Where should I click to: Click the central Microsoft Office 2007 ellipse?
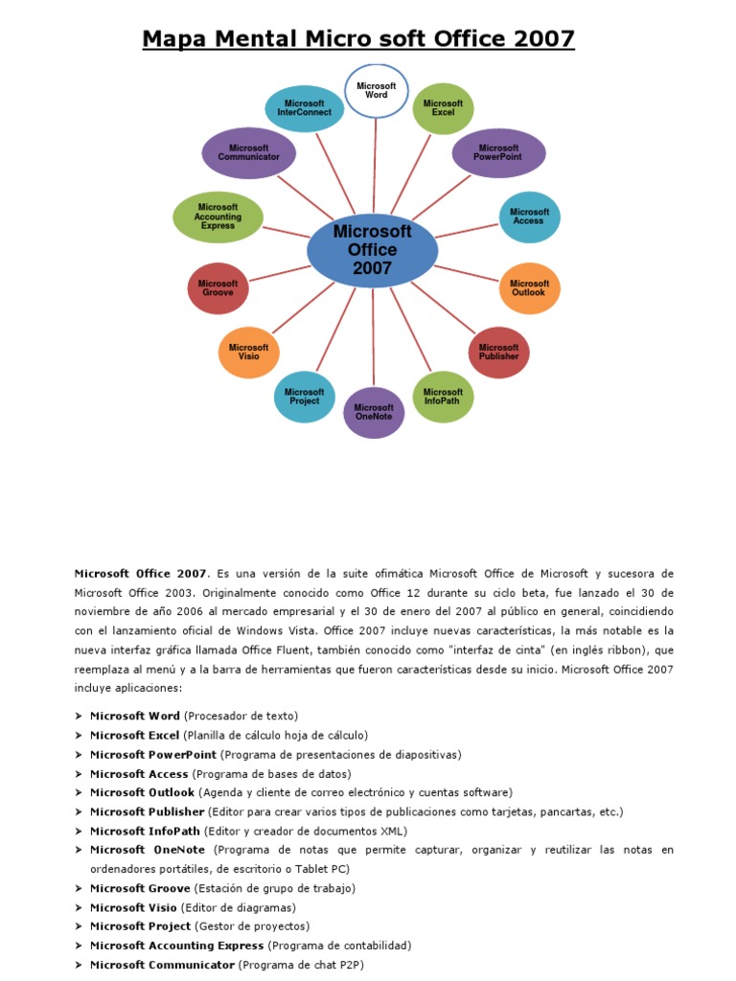tap(372, 250)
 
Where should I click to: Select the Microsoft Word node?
tap(376, 91)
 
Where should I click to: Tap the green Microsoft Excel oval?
tap(443, 108)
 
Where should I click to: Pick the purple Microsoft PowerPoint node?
tap(497, 153)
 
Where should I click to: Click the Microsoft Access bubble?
tap(529, 217)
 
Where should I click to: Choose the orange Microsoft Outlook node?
tap(529, 288)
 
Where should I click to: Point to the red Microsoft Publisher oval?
tap(498, 352)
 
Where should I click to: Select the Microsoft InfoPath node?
tap(443, 397)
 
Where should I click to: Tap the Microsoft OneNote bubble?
tap(374, 412)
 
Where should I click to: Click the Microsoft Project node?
tap(305, 397)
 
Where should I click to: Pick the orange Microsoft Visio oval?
tap(249, 352)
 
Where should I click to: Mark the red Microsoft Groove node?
tap(218, 288)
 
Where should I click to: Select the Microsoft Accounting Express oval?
tap(218, 217)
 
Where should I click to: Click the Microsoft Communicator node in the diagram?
tap(249, 153)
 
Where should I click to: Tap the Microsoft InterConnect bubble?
tap(305, 108)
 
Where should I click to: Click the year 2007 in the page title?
tap(544, 39)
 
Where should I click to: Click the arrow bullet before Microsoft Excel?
tap(78, 736)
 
